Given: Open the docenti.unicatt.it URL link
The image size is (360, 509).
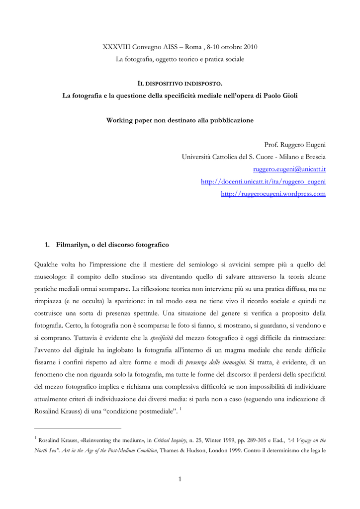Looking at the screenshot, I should [263, 181].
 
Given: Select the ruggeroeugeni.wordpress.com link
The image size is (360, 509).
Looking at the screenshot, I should [273, 194].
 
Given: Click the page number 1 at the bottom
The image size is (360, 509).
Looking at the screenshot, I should [180, 479].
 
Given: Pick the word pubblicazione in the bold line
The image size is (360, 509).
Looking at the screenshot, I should [228, 120].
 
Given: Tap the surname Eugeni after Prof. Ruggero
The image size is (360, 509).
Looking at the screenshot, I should [313, 145].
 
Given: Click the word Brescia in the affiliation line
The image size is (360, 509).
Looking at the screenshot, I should [312, 157].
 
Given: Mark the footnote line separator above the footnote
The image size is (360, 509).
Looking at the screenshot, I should [78, 427].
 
